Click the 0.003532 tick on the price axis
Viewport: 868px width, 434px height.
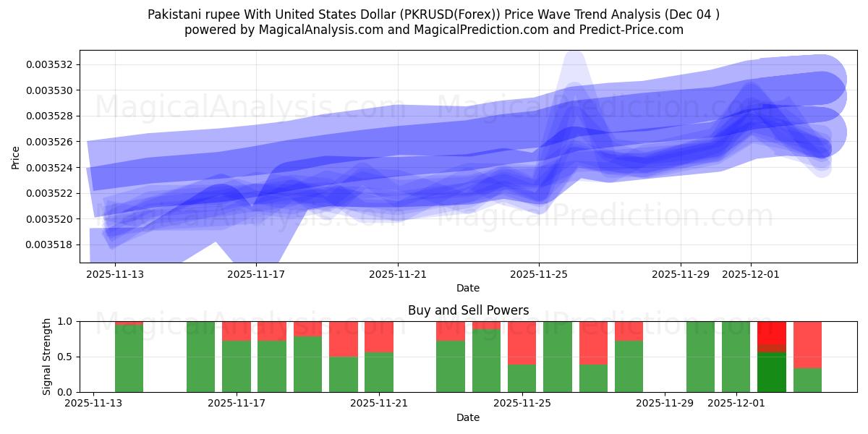click(x=50, y=64)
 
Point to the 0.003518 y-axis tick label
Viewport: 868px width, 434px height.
click(x=50, y=244)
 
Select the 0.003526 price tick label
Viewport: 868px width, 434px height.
click(x=50, y=142)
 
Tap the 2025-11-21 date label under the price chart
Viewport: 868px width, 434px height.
click(x=397, y=275)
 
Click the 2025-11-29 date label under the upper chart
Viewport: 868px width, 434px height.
click(x=680, y=275)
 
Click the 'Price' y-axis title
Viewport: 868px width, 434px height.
click(x=16, y=157)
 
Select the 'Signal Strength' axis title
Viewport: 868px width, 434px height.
click(x=47, y=357)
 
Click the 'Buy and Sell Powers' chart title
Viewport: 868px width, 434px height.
click(x=468, y=310)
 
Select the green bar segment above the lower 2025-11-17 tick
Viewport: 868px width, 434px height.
click(x=237, y=366)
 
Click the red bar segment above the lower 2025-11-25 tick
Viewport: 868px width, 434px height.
click(x=522, y=342)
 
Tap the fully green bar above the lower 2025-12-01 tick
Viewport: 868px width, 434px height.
click(x=736, y=357)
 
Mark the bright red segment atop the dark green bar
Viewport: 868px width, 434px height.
click(x=771, y=334)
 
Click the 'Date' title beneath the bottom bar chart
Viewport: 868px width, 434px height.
click(x=468, y=417)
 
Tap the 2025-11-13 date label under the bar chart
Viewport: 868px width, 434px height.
click(x=93, y=404)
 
